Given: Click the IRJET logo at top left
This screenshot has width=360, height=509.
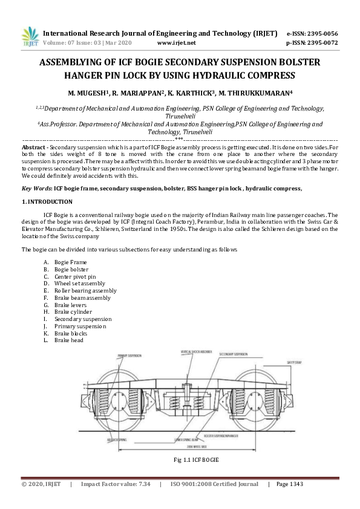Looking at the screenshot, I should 30,37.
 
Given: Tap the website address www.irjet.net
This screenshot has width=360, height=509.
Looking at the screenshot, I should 176,44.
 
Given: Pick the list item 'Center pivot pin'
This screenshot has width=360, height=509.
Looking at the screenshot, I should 74,276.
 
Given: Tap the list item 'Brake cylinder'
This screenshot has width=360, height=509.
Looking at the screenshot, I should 73,312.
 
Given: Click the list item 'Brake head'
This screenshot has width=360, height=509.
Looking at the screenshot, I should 68,340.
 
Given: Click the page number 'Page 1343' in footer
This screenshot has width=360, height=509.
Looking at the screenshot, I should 292,484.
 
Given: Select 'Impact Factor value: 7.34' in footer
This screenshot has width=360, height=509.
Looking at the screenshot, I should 116,484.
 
